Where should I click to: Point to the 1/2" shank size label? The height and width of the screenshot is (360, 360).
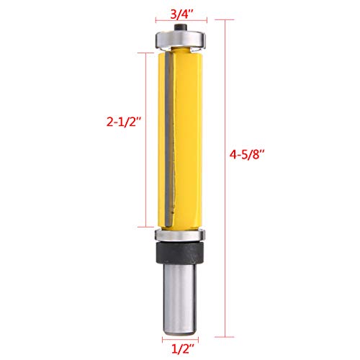pyautogui.click(x=179, y=348)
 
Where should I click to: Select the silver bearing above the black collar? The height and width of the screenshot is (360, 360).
pyautogui.click(x=179, y=235)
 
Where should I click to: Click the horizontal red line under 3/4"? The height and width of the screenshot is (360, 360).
pyautogui.click(x=179, y=22)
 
